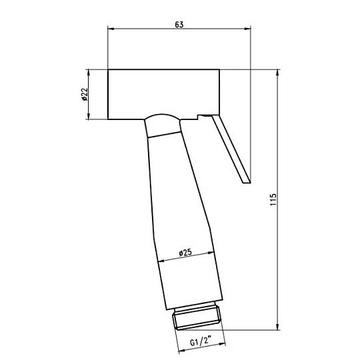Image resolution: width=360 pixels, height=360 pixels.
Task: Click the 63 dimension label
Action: pos(179,25)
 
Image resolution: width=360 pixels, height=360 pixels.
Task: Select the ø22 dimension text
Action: pos(84,94)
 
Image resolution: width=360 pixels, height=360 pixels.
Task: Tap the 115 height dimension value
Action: pos(273,199)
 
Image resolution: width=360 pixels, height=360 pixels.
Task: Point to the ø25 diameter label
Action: pos(185,253)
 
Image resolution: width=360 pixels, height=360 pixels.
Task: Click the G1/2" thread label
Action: pos(200,341)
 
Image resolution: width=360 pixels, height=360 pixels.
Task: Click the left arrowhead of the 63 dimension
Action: pos(111,29)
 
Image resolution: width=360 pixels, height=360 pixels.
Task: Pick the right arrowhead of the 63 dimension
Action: pos(247,29)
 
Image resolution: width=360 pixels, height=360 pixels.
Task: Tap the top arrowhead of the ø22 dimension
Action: pos(89,73)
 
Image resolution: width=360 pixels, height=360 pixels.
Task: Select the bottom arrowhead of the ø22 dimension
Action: pos(89,116)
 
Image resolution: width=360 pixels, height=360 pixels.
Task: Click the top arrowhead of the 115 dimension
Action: pos(277,73)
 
